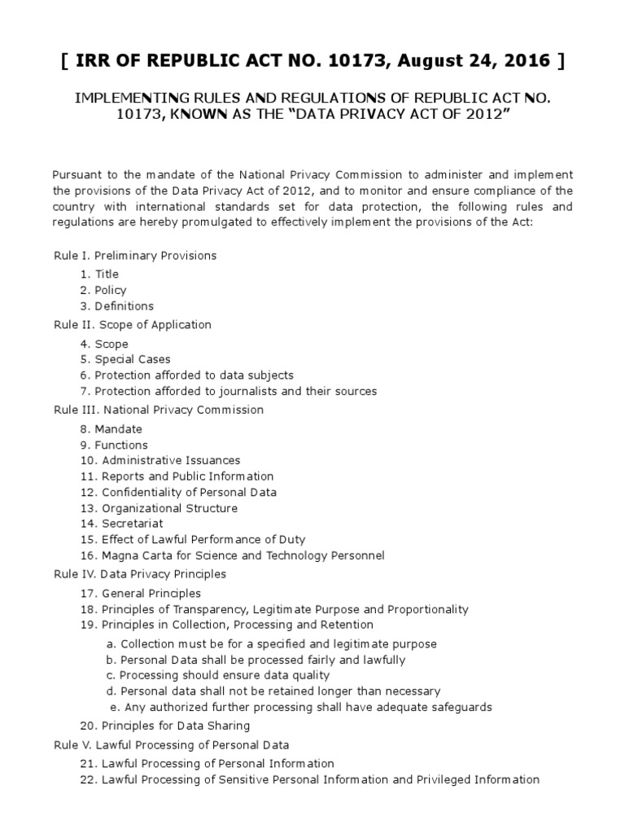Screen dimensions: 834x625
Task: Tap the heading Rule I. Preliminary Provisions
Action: coord(135,256)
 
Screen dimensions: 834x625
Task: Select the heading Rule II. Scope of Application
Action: coord(133,325)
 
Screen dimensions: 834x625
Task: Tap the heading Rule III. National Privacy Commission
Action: coord(159,410)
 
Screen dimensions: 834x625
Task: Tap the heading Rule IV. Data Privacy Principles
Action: coord(140,574)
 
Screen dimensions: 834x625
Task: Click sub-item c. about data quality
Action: coord(218,675)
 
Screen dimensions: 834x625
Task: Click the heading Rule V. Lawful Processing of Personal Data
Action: coord(172,744)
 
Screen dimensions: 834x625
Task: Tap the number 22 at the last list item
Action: coord(88,779)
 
